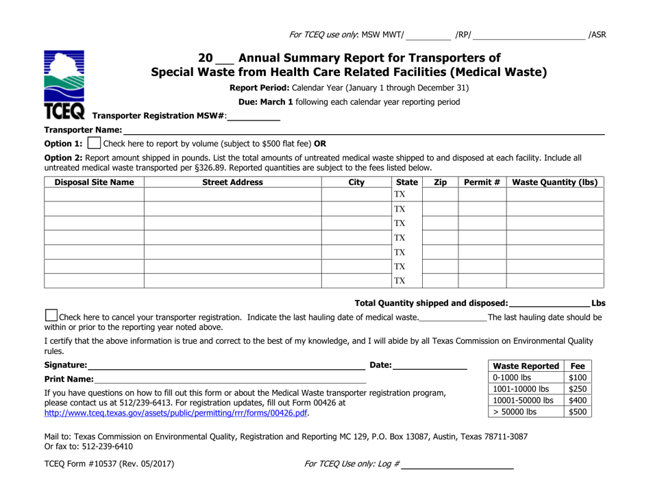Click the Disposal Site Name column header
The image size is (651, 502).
point(94,183)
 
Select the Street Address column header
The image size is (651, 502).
point(233,183)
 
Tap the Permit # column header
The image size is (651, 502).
point(482,183)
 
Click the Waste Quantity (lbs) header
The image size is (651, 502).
point(554,183)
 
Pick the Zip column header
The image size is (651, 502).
point(439,183)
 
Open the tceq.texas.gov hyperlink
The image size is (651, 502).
point(176,414)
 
